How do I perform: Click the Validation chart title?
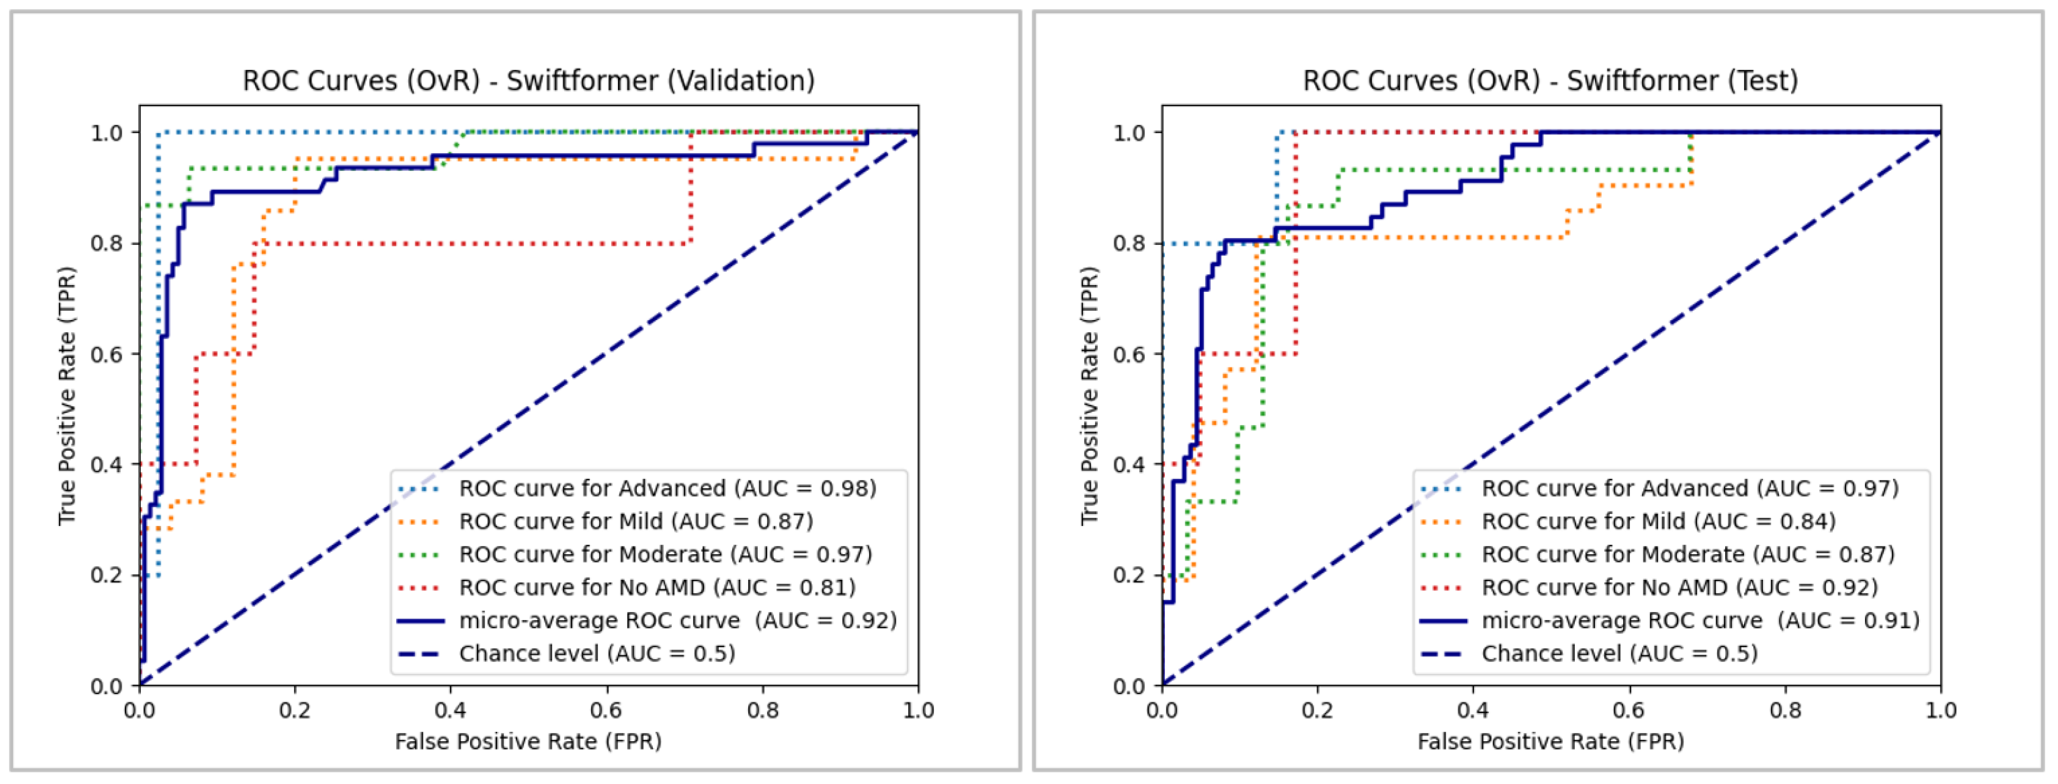point(528,80)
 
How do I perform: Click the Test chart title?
point(1550,80)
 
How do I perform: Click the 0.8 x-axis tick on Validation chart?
point(762,710)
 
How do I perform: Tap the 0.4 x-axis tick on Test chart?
point(1472,710)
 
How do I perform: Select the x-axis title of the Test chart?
point(1550,742)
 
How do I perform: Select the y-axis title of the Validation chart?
point(67,396)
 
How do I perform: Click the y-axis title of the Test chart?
point(1089,396)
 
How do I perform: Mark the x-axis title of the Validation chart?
point(528,742)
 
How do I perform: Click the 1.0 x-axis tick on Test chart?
point(1940,710)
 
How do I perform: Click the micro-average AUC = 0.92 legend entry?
point(677,620)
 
